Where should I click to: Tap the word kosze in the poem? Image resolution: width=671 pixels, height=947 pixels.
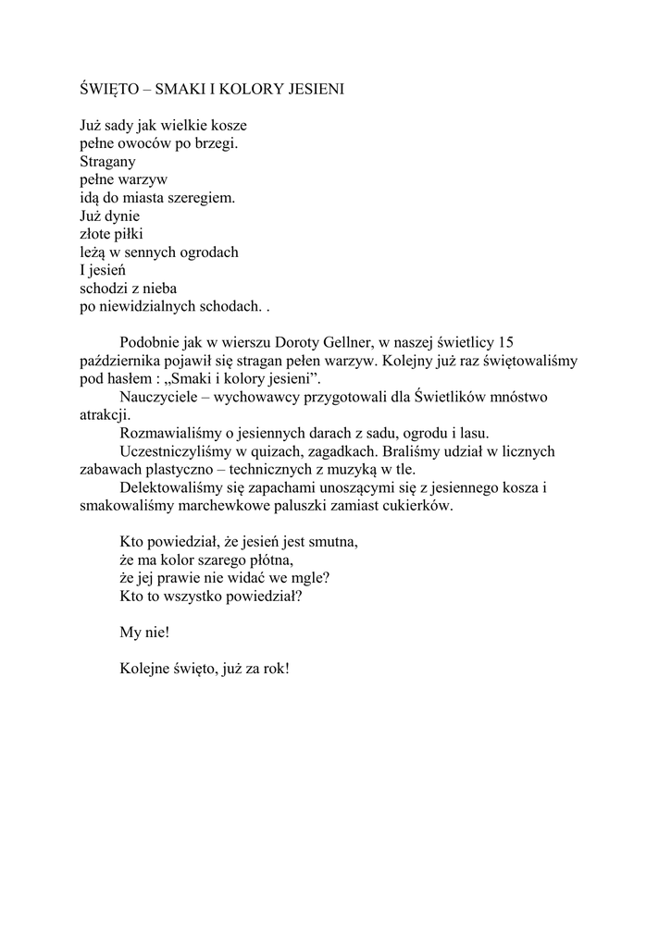pos(229,125)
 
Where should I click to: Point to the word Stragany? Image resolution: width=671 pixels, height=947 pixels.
pos(108,161)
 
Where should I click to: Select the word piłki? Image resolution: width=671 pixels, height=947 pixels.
pos(125,233)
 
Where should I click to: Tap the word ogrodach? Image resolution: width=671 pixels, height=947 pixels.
pos(208,252)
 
